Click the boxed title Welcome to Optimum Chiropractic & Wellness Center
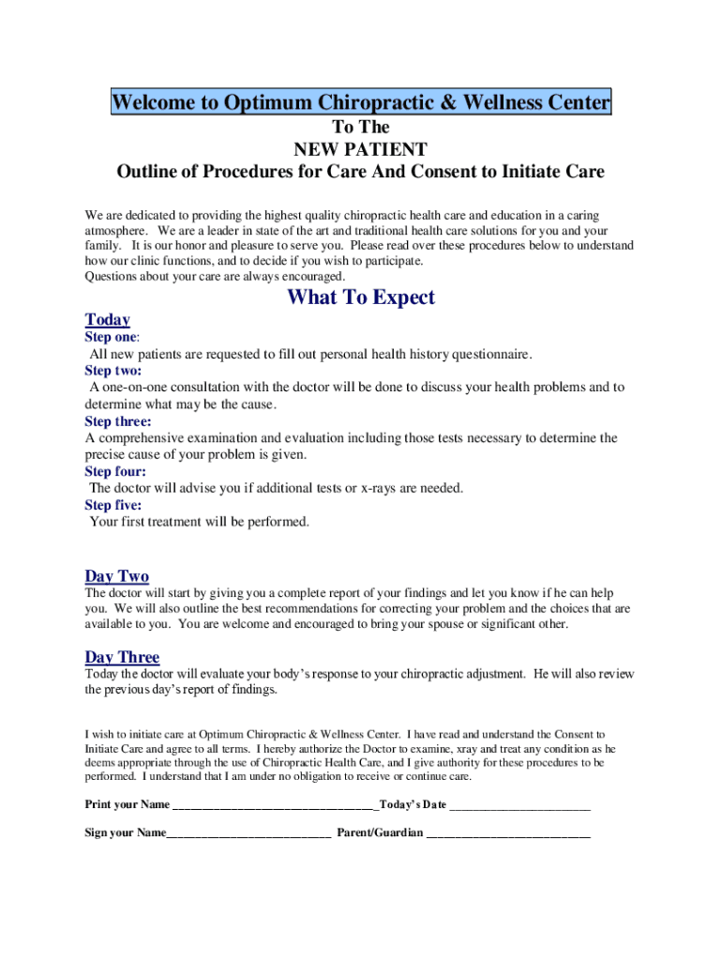click(361, 102)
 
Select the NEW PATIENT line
click(361, 149)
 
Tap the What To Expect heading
click(361, 297)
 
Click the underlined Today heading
click(107, 320)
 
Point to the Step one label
click(111, 337)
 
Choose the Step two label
click(113, 371)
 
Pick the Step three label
click(117, 421)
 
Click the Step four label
click(114, 472)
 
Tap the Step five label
click(113, 505)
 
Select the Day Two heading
click(116, 576)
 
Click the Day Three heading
click(122, 657)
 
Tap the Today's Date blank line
click(520, 806)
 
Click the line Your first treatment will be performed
click(199, 522)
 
